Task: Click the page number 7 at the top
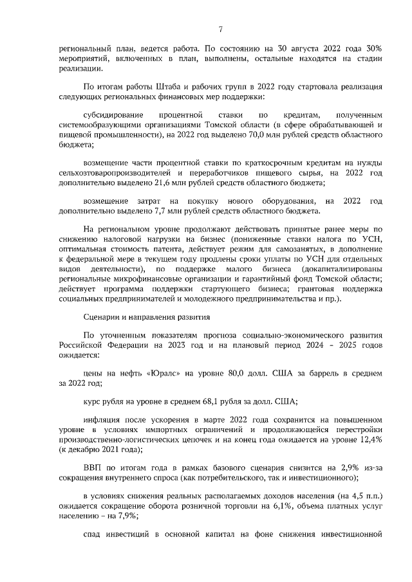[220, 29]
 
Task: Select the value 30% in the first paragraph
[375, 48]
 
